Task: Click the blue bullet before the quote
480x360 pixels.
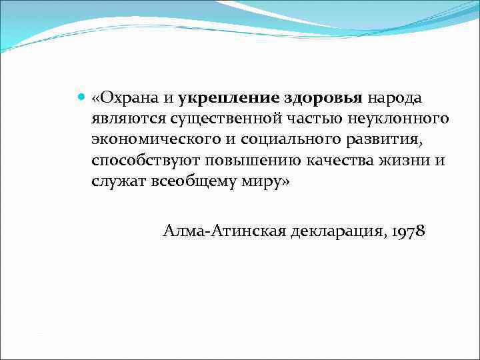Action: tap(81, 98)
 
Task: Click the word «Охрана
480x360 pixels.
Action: tap(124, 98)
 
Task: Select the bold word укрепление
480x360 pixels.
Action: tap(229, 98)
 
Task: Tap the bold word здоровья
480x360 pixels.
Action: tap(323, 98)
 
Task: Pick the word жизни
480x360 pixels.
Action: tap(405, 161)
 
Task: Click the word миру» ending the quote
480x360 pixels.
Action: tap(265, 181)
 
